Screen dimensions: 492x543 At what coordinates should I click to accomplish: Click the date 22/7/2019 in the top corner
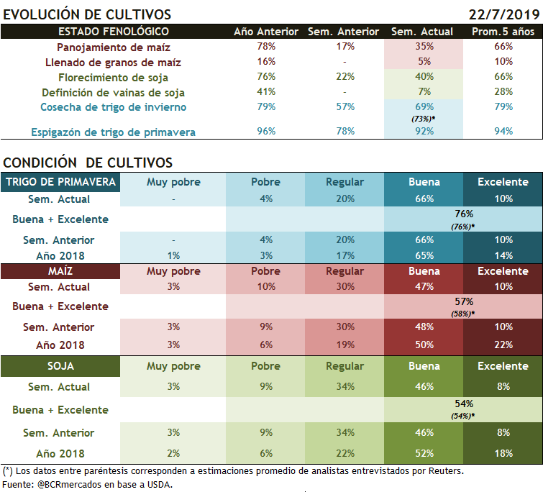(x=503, y=14)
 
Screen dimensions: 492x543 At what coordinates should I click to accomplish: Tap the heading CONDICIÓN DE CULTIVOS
(x=87, y=163)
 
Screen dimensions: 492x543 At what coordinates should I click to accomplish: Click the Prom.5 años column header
(x=503, y=32)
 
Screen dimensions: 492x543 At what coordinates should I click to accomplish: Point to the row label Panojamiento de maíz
(x=114, y=47)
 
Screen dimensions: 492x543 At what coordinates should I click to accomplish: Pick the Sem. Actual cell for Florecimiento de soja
(x=424, y=77)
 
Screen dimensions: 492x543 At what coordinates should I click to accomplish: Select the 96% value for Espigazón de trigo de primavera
(x=265, y=132)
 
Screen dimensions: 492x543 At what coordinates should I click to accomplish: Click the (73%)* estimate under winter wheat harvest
(x=425, y=118)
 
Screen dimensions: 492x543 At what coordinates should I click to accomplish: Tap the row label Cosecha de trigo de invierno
(x=114, y=107)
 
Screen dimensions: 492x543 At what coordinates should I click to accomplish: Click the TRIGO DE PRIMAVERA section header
(x=60, y=182)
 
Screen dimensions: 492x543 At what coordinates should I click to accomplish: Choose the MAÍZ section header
(x=60, y=271)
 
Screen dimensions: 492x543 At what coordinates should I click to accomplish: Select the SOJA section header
(x=60, y=366)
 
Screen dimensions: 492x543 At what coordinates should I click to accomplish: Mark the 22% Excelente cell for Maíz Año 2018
(x=503, y=345)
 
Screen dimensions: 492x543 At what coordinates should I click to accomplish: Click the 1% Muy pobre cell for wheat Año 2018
(x=173, y=255)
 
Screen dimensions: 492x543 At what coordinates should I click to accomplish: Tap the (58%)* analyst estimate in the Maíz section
(x=463, y=314)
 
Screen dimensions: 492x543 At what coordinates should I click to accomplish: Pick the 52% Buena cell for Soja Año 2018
(x=424, y=453)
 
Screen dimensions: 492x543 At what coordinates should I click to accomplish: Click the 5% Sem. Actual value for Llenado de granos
(x=424, y=62)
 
